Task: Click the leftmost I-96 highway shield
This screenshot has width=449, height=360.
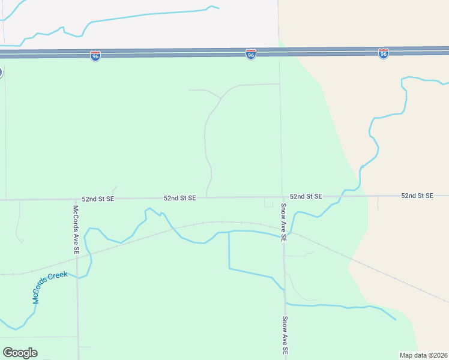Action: pos(95,56)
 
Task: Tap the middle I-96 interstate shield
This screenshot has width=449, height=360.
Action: pos(251,55)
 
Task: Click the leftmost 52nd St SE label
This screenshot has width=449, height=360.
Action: pos(97,199)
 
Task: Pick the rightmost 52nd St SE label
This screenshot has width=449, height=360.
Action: pos(417,196)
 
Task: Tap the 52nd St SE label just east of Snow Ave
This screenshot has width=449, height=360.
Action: pos(306,197)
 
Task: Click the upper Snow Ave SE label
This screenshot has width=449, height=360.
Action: pos(284,222)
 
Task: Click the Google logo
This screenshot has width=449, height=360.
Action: pos(20,353)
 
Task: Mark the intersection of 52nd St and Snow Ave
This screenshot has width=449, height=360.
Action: pos(283,196)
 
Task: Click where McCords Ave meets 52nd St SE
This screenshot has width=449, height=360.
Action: pos(76,199)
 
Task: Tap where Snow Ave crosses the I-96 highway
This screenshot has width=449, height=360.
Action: pos(279,53)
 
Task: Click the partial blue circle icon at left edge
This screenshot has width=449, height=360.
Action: pos(1,73)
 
